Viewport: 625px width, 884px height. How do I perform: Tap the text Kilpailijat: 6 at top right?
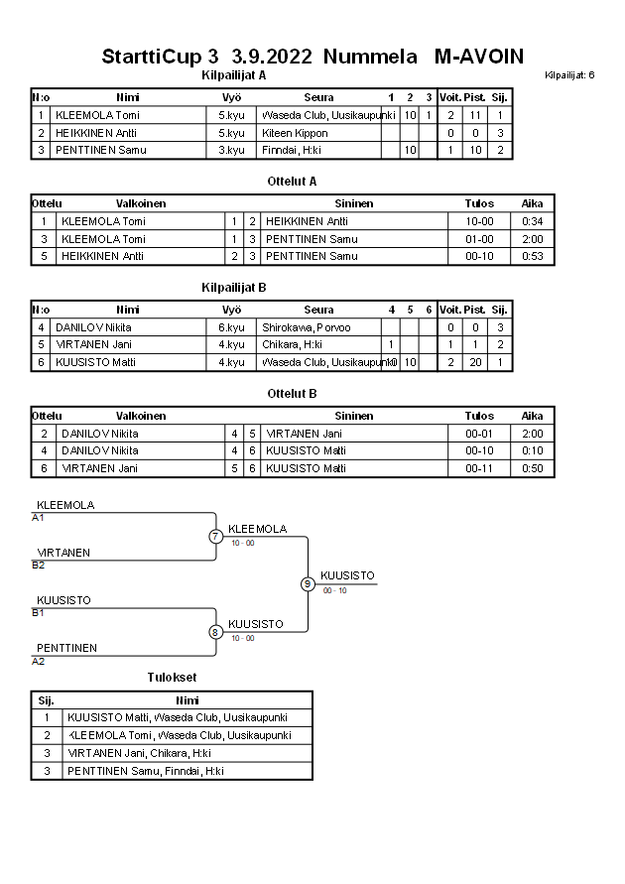coord(569,75)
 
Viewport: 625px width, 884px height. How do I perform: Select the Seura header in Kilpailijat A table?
coord(318,97)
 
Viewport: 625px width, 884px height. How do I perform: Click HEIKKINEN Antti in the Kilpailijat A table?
coord(96,133)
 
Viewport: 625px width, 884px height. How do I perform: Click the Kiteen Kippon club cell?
coord(295,133)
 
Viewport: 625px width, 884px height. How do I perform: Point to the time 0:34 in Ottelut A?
coord(532,221)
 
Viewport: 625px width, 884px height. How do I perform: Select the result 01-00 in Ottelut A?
coord(479,239)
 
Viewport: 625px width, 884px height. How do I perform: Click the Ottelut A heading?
coord(292,182)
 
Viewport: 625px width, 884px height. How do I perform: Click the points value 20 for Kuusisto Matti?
coord(475,362)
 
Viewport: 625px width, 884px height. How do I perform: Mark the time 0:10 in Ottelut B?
coord(532,450)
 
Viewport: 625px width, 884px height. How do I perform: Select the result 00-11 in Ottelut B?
coord(479,468)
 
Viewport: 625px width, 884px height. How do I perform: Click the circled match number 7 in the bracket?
coord(215,537)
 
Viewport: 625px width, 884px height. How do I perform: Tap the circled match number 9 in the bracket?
coord(308,584)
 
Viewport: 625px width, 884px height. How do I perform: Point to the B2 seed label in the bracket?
coord(39,566)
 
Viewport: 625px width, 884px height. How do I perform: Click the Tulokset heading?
coord(172,678)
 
